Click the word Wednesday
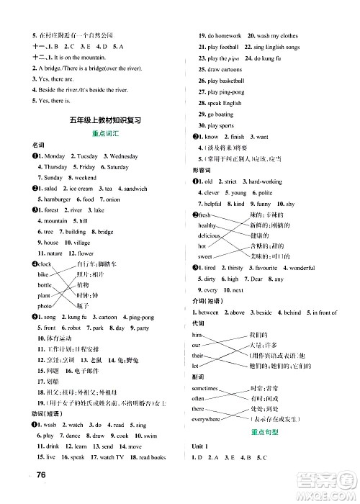124,156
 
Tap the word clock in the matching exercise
45,264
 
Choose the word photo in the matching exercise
45,306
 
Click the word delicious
209,235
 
